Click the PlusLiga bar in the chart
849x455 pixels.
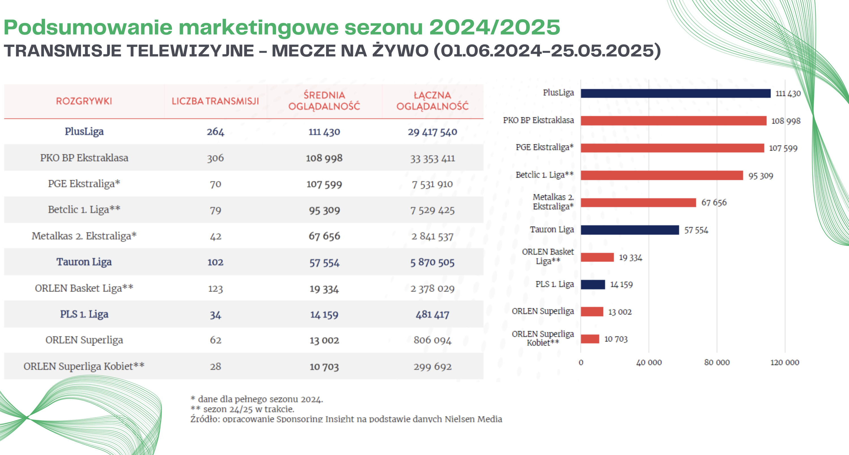(x=676, y=94)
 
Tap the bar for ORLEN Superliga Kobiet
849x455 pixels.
(x=590, y=339)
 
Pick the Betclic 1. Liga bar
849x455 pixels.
(x=662, y=175)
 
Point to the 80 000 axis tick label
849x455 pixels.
(x=717, y=362)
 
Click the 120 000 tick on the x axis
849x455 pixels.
(x=785, y=362)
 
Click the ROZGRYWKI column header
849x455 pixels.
(x=84, y=101)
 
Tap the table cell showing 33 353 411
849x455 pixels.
(x=432, y=158)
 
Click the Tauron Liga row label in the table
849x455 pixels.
(x=84, y=262)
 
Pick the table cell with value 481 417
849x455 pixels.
(x=432, y=315)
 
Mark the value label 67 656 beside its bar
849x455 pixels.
(x=714, y=203)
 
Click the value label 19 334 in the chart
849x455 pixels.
(x=631, y=258)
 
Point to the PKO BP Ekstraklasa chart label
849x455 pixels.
(x=538, y=120)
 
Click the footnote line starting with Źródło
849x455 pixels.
(x=346, y=419)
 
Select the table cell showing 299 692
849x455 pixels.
(x=432, y=367)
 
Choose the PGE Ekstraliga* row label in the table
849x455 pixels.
(x=84, y=184)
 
